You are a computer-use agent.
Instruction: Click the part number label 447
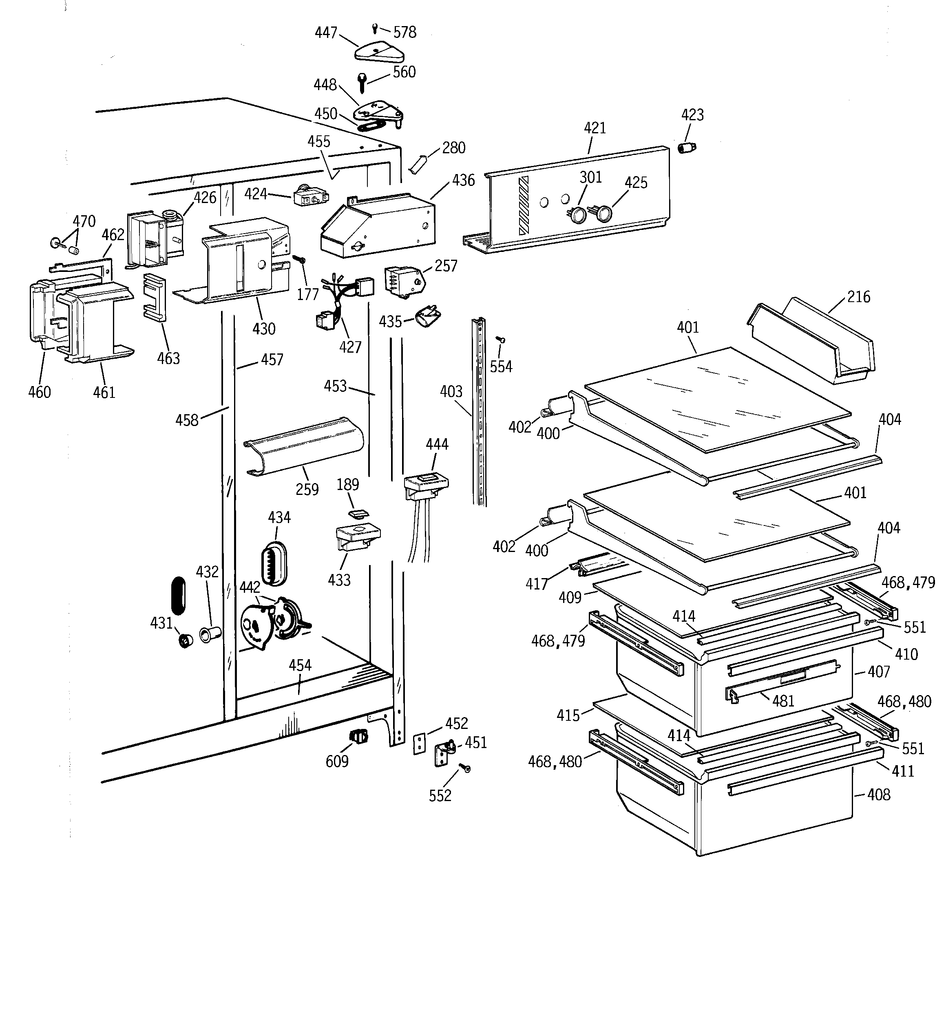(325, 33)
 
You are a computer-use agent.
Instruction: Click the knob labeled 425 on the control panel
(603, 213)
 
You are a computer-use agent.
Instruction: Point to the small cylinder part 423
(687, 148)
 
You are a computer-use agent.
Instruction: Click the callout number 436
(463, 180)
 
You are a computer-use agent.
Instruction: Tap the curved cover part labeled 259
(304, 446)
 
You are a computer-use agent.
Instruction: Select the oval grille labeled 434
(274, 562)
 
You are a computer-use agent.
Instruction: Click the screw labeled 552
(464, 769)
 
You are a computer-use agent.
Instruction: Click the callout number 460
(39, 392)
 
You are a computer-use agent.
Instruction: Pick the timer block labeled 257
(402, 280)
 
